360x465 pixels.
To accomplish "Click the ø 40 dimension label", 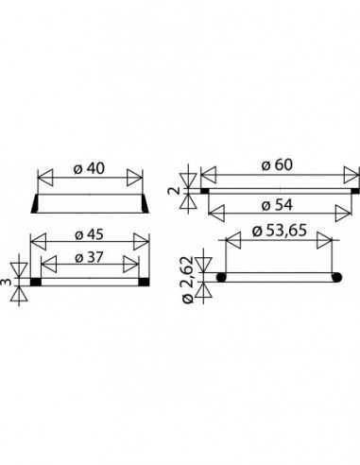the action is pos(89,168).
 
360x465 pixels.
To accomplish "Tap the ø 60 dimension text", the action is pos(277,164).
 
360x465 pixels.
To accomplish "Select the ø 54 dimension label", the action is pos(277,205).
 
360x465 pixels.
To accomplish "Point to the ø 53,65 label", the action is pos(280,231).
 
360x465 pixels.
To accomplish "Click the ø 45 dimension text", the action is pos(89,234).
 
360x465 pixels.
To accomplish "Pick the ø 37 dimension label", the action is pos(89,258).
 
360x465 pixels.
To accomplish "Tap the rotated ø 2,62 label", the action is pos(188,280).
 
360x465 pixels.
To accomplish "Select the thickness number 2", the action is pos(177,190).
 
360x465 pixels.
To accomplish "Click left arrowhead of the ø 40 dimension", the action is pos(45,178).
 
